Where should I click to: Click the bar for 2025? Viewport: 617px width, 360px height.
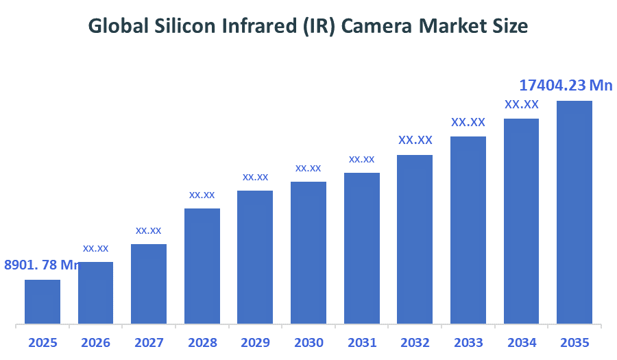(43, 301)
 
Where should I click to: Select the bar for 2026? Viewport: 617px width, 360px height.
(95, 292)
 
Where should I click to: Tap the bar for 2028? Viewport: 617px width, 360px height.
(202, 265)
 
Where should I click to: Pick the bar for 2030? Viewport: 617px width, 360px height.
(308, 252)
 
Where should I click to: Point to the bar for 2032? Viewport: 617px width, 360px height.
(415, 239)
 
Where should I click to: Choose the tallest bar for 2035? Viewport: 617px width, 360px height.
(574, 212)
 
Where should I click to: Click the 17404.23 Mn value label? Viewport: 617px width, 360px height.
(566, 85)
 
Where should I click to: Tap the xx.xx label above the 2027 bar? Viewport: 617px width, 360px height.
(149, 230)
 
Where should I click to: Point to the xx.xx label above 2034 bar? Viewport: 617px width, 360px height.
(521, 104)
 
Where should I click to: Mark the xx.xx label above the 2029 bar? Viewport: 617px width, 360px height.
(255, 177)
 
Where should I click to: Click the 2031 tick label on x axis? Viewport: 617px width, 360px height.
(361, 342)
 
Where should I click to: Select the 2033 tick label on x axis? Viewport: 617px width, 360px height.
(468, 342)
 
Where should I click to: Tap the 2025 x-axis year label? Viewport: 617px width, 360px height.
(43, 342)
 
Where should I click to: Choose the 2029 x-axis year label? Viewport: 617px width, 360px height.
(255, 342)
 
